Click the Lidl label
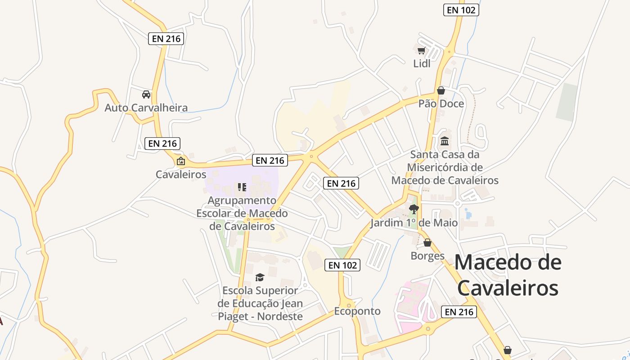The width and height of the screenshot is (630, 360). [422, 63]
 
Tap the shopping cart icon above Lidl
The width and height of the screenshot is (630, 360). [421, 50]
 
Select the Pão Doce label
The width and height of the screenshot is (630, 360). [441, 103]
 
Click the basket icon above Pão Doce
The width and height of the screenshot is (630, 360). [441, 90]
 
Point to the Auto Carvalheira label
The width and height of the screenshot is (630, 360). [146, 108]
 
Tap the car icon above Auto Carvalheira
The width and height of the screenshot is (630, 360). [146, 94]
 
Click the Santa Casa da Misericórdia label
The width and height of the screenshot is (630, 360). [445, 167]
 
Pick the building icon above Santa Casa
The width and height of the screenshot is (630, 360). [445, 141]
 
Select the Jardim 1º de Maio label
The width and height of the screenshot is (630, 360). [414, 223]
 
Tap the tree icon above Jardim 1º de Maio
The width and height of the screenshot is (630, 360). [414, 209]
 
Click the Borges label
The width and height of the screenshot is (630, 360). [427, 256]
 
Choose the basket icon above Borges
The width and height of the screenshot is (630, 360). [427, 243]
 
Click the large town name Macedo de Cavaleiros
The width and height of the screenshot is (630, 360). [508, 275]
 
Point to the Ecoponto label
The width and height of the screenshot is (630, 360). [357, 311]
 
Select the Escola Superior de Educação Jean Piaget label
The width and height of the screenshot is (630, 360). [260, 303]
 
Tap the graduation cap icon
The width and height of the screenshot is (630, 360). [260, 277]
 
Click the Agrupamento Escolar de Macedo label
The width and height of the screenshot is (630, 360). [242, 213]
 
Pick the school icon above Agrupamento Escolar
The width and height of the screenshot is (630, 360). [242, 187]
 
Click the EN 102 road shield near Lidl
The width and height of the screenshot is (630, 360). [461, 10]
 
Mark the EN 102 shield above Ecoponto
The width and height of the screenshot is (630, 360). [343, 265]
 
